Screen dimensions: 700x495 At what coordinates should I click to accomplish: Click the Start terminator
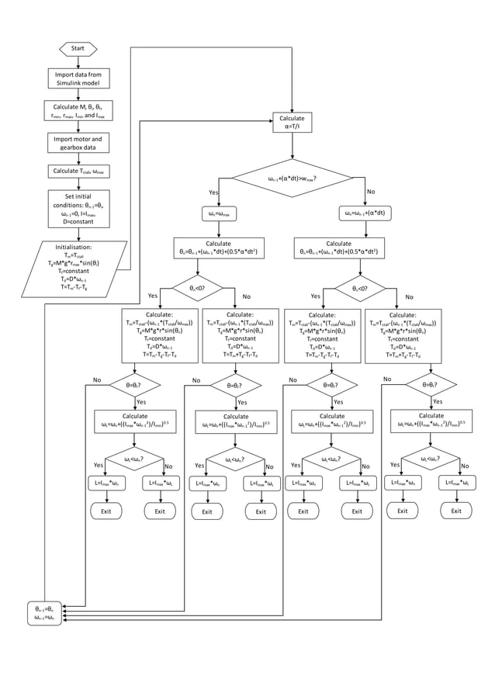click(78, 48)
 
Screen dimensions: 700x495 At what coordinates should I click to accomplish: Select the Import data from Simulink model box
click(78, 78)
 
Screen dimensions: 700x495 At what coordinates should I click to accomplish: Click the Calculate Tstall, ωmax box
click(78, 171)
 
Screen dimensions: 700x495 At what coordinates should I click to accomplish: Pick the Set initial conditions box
click(78, 209)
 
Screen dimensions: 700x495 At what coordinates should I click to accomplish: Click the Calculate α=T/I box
click(292, 123)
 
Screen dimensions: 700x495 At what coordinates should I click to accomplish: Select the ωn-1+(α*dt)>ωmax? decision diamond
click(292, 179)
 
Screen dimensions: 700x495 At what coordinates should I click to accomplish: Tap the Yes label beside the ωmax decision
click(213, 192)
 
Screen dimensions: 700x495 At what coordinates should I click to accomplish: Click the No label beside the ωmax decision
click(370, 192)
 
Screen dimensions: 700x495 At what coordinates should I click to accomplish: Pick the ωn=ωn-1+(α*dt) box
click(365, 213)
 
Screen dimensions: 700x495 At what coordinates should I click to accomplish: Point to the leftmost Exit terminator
click(106, 511)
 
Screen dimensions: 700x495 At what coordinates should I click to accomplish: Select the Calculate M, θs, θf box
click(78, 110)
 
